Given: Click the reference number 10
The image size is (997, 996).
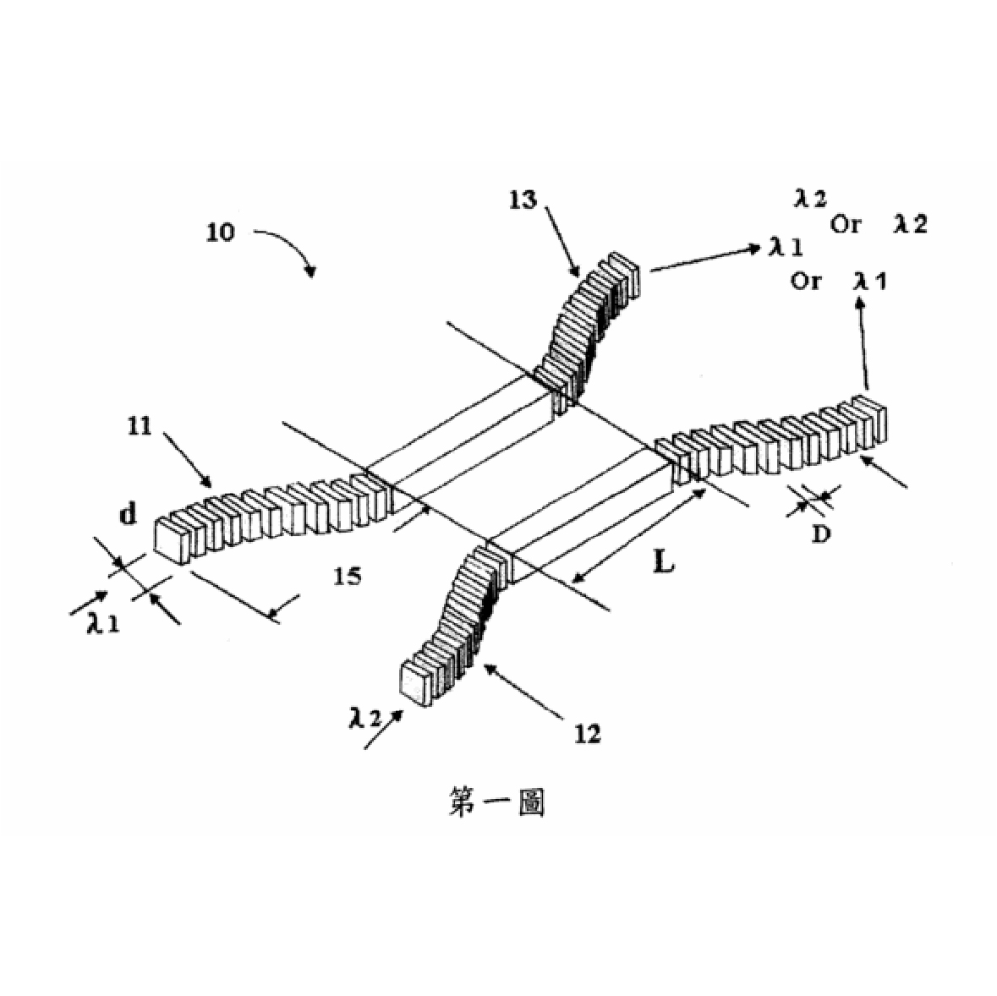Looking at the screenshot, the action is [220, 232].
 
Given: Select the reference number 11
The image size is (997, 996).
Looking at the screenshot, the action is [140, 426].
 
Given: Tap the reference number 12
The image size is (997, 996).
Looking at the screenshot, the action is [587, 734].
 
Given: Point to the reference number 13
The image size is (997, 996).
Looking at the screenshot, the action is [523, 200].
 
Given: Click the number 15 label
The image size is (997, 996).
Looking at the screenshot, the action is [348, 577].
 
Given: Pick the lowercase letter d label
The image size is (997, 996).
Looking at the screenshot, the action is [128, 513].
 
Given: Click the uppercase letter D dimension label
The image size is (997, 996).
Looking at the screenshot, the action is [821, 534].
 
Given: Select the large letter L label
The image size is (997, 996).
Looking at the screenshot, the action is [663, 561].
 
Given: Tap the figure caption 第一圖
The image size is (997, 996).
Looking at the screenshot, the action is [496, 802].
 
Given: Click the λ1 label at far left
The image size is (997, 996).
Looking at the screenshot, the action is [103, 623].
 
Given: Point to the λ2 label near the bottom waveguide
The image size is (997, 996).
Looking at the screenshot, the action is [365, 718].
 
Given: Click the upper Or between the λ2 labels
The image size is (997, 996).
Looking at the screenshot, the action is [845, 224].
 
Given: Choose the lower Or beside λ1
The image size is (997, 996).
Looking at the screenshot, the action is [806, 281].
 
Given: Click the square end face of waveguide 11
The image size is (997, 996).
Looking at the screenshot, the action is [173, 541].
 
